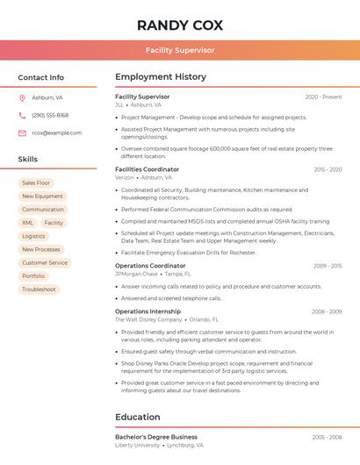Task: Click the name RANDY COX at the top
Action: [x=180, y=25]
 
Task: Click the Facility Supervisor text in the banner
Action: [x=180, y=50]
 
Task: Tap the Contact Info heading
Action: [x=40, y=77]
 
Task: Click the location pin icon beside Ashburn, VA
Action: [x=22, y=97]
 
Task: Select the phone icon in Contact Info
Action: [x=22, y=115]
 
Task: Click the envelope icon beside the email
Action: [x=22, y=132]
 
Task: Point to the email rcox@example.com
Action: [x=56, y=132]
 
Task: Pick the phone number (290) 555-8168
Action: [x=50, y=115]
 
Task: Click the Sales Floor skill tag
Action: [x=36, y=182]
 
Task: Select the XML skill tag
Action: [x=28, y=223]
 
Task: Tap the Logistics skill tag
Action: [x=33, y=236]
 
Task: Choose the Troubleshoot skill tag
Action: [x=39, y=289]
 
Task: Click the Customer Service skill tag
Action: [x=45, y=262]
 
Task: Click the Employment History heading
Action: [x=161, y=77]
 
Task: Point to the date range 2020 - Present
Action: [x=323, y=97]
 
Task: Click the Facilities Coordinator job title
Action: [x=147, y=169]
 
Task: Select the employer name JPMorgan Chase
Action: [x=136, y=274]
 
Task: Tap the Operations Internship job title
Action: [x=148, y=311]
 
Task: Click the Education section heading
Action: [x=138, y=417]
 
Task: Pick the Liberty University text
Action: [x=138, y=445]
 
